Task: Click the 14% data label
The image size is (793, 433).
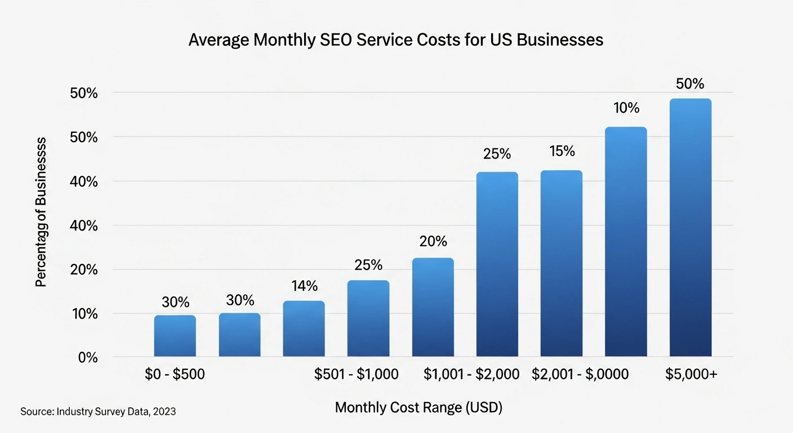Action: (x=304, y=286)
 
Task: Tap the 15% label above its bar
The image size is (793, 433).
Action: (x=561, y=152)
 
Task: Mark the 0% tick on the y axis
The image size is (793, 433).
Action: (x=88, y=357)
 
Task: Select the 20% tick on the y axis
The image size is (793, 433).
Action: (x=84, y=269)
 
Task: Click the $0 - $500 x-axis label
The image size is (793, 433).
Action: (x=175, y=374)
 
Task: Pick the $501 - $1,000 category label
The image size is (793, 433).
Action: (x=356, y=374)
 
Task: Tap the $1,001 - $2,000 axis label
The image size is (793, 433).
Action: (x=471, y=374)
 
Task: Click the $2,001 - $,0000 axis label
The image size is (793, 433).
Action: (x=580, y=374)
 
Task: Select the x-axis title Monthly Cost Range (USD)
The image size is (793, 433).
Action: (x=418, y=408)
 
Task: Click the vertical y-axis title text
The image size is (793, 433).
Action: (x=41, y=213)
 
